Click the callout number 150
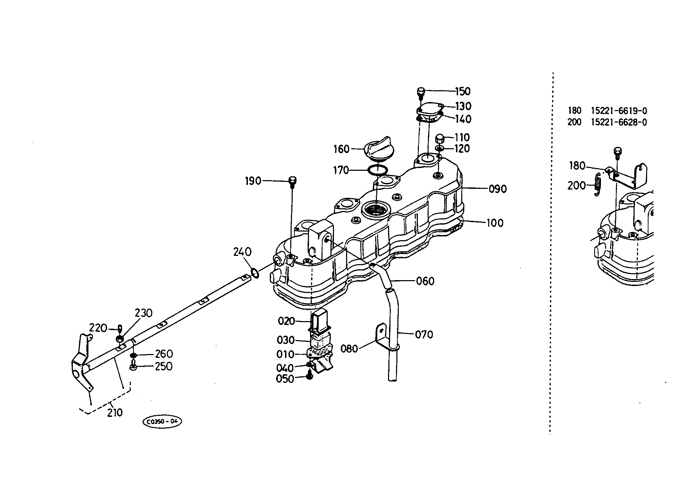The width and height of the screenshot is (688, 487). point(463,91)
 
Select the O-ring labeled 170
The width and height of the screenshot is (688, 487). point(377,170)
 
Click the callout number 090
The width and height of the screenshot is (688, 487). point(498,189)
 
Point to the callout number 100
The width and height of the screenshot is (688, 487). point(495,223)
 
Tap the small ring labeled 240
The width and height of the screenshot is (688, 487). point(254,273)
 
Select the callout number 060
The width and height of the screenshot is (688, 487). point(425,281)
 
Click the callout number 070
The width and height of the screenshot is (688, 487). point(424,335)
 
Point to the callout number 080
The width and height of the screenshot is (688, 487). point(349,349)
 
